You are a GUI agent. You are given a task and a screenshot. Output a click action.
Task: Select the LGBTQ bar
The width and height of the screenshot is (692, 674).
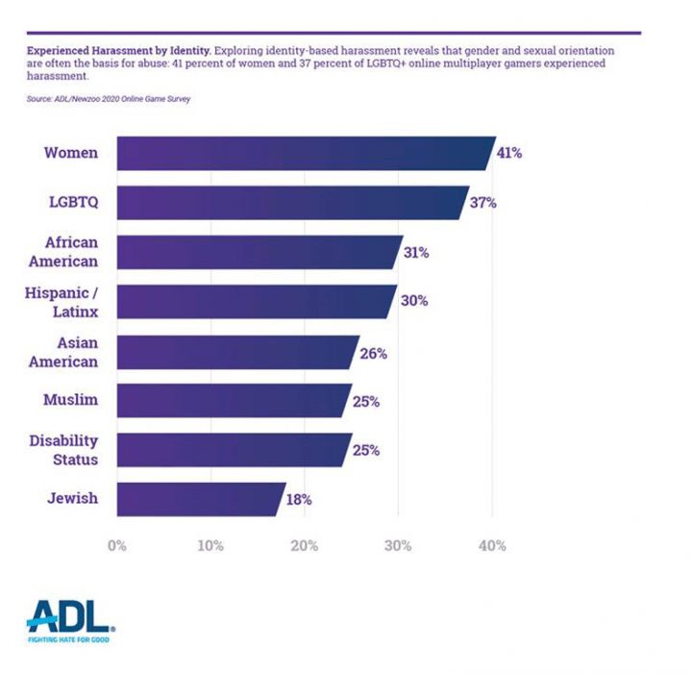point(288,203)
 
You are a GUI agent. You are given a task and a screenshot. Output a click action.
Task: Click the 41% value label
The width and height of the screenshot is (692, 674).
point(509,153)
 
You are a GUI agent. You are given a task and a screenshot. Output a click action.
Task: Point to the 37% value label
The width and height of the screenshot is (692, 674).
point(483,203)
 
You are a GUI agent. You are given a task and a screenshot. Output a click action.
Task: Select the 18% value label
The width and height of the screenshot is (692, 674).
point(299,499)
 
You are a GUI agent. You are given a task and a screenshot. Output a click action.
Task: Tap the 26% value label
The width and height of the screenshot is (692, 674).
point(374,354)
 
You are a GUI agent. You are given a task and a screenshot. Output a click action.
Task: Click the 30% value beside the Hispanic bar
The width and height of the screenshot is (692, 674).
point(415,301)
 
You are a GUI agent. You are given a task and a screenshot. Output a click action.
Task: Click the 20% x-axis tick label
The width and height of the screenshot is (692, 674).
point(305,545)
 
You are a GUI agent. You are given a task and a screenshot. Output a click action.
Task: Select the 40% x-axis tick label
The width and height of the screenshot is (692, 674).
point(492,545)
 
